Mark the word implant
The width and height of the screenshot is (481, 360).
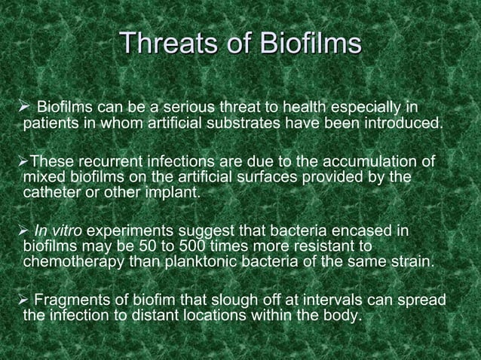coord(176,193)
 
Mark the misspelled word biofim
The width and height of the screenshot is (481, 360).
coord(155,301)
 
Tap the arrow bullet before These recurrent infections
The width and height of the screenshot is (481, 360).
coord(23,161)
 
